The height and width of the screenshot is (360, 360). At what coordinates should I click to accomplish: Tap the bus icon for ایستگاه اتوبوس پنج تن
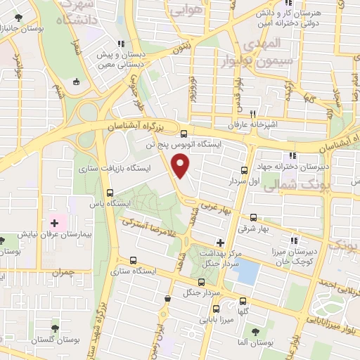[x=184, y=134]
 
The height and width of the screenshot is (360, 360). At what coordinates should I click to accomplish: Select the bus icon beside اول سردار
[x=244, y=170]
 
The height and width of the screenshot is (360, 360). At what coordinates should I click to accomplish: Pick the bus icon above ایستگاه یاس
[x=109, y=193]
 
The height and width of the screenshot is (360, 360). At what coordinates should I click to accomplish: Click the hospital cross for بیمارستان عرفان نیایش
[x=54, y=223]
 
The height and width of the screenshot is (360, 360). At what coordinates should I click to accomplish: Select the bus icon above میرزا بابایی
[x=215, y=308]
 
